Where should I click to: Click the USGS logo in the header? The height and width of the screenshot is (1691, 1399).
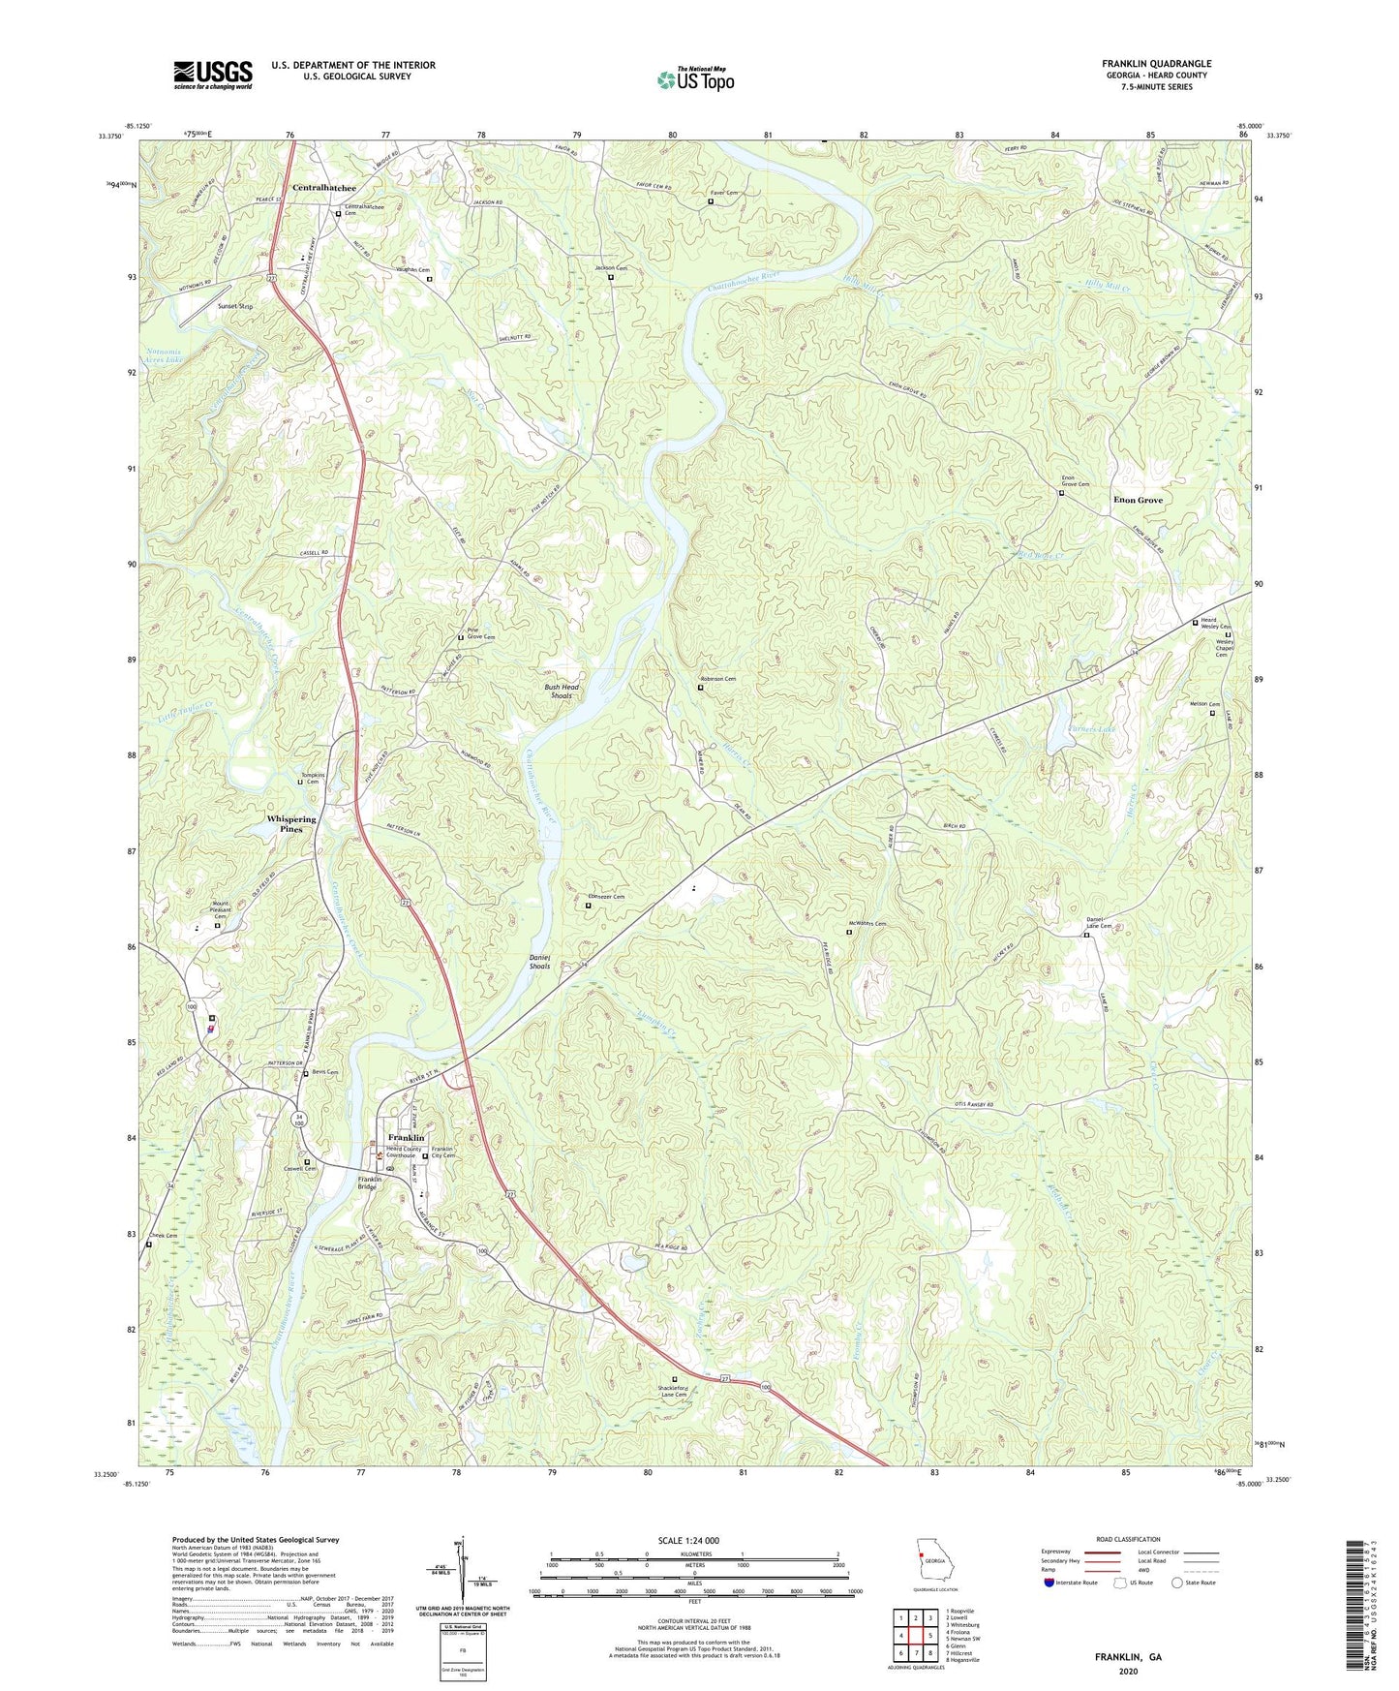click(x=213, y=74)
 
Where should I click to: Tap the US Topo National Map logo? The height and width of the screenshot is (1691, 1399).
click(x=694, y=78)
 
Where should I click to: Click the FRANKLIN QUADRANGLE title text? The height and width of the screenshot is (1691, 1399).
click(x=1156, y=64)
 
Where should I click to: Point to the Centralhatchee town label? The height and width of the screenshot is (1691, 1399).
click(x=324, y=188)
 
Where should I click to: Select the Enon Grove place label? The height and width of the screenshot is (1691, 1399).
click(x=1138, y=500)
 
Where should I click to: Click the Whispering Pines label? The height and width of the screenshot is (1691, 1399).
click(x=290, y=824)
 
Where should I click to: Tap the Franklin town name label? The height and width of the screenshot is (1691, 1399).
click(x=406, y=1137)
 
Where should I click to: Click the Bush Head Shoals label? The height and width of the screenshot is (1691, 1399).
click(x=562, y=691)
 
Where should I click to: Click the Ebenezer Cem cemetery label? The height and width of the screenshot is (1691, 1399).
click(x=608, y=897)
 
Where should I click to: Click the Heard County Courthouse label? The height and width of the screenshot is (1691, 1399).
click(x=401, y=1153)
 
